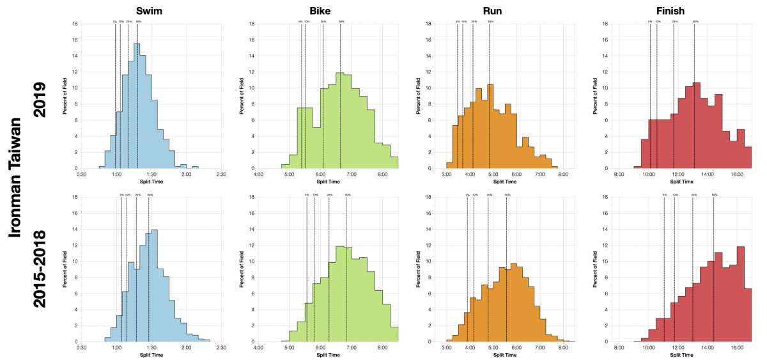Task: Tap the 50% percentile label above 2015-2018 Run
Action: (x=507, y=194)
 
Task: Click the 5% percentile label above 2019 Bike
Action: (x=300, y=22)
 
